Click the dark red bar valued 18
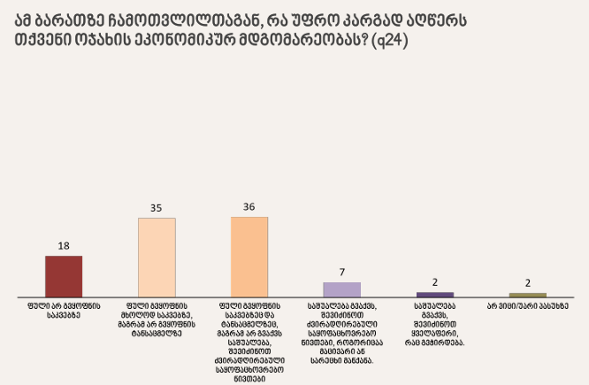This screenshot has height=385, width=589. click(64, 276)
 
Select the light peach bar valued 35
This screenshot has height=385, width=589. click(157, 257)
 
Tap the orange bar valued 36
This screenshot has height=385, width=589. click(249, 257)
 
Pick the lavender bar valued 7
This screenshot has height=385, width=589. click(341, 289)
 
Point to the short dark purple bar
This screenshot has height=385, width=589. click(434, 294)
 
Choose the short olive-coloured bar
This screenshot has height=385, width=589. click(528, 294)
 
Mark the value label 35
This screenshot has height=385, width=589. click(157, 208)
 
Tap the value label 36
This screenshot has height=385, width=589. click(249, 207)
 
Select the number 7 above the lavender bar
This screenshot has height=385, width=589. click(342, 273)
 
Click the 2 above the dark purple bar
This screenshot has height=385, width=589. click(435, 282)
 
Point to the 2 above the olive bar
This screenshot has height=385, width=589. click(528, 282)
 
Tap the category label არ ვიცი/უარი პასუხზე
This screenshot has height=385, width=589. click(527, 305)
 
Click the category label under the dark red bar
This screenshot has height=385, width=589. click(64, 310)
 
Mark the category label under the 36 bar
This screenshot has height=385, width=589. click(249, 336)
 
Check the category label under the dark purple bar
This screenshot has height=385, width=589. click(434, 323)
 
